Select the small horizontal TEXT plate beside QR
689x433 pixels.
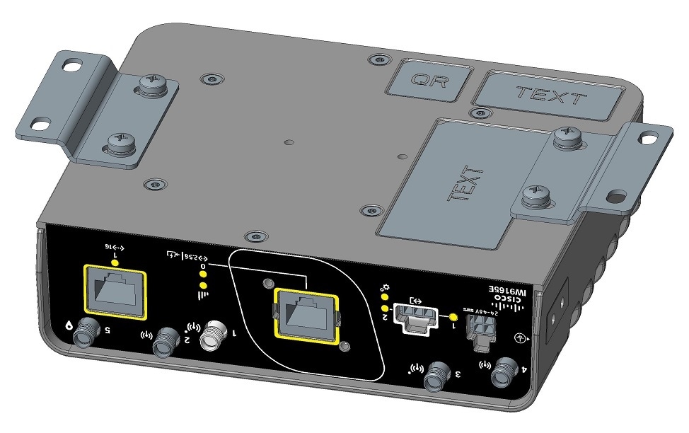click(x=549, y=93)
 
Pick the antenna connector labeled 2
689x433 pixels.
click(x=167, y=342)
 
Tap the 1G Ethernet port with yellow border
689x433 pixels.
click(x=115, y=290)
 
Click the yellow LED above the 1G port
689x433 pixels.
click(x=115, y=261)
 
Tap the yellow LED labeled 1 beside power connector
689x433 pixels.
click(x=453, y=316)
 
